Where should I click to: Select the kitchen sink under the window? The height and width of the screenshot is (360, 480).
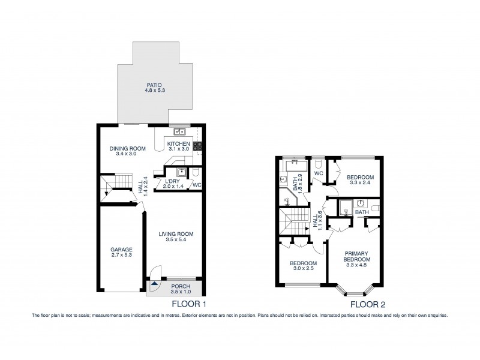tap(179, 131)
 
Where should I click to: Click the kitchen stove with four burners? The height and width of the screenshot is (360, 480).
tap(197, 145)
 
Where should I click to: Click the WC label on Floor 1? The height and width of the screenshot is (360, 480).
tap(197, 185)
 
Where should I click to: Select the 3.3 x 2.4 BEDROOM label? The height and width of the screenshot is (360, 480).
tap(360, 180)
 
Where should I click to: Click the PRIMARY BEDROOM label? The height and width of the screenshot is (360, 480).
tap(357, 256)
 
